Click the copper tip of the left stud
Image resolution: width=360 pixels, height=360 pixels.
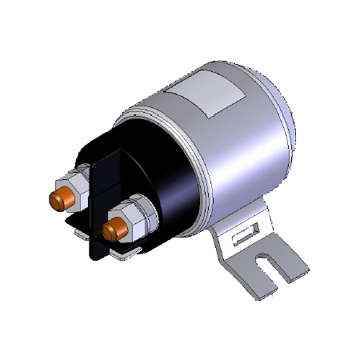(58, 198)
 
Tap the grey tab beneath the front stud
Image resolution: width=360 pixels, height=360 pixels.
(128, 253)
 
